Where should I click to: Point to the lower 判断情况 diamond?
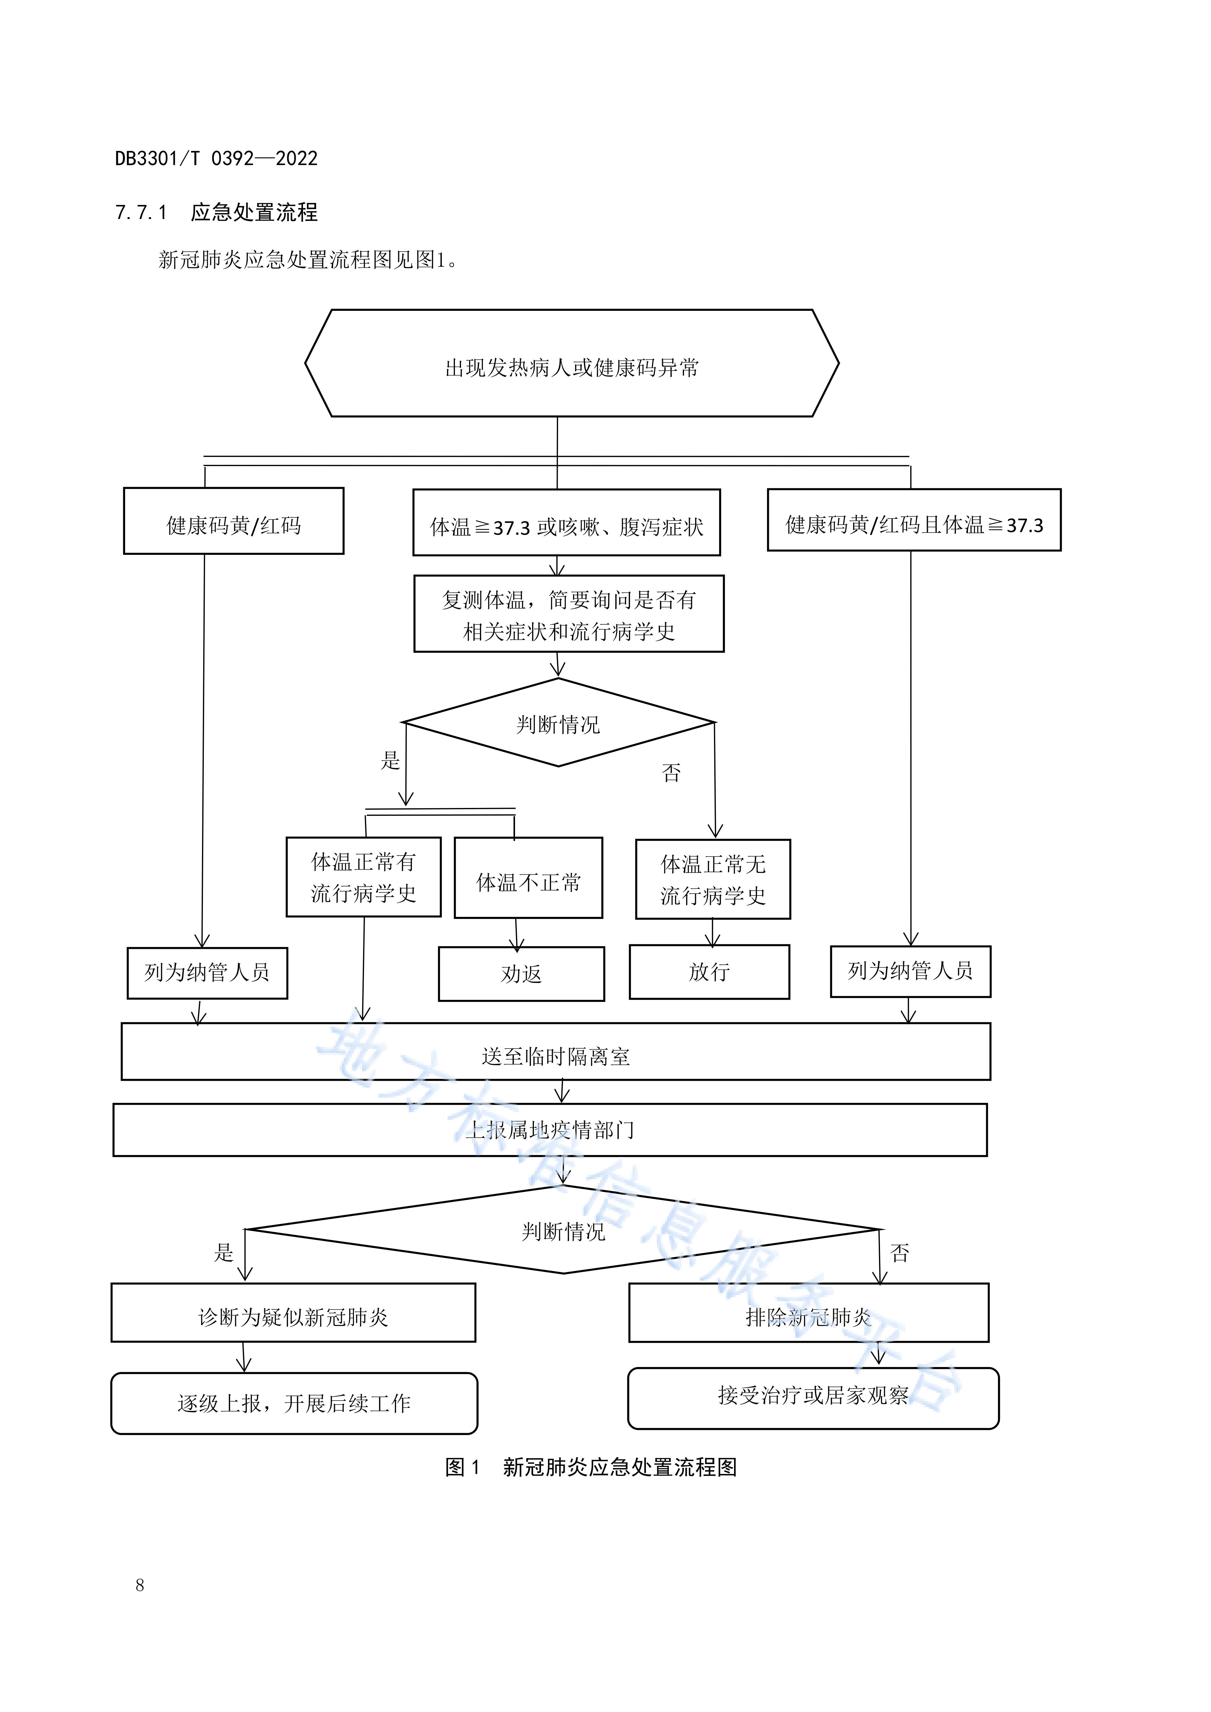tap(563, 1230)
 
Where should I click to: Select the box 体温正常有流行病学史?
tap(363, 878)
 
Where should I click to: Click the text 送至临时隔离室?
tap(556, 1056)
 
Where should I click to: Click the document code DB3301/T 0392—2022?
tap(216, 158)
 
